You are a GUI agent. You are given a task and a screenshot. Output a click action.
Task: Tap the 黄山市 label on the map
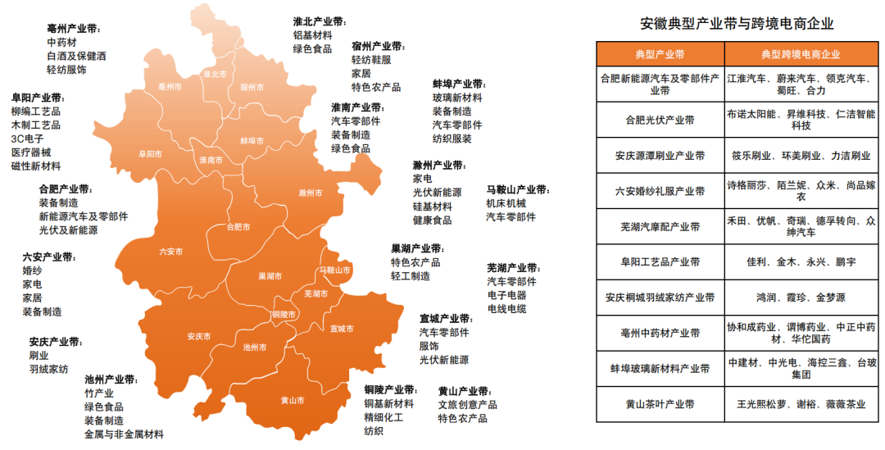[x=292, y=401]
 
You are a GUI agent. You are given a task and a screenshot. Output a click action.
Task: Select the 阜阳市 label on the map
[x=150, y=153]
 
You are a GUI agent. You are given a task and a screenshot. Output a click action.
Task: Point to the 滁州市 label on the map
[x=311, y=193]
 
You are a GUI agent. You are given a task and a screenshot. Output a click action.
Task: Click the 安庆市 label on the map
[x=198, y=337]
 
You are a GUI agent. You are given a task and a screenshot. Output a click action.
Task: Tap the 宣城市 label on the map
[x=342, y=329]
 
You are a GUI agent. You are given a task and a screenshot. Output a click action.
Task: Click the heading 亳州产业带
[x=75, y=28]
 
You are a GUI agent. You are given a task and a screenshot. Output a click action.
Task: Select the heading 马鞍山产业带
[x=517, y=189]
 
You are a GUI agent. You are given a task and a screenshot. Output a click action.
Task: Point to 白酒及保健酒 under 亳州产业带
[x=76, y=56]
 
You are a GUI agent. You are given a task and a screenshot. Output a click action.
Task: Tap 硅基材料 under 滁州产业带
[x=432, y=206]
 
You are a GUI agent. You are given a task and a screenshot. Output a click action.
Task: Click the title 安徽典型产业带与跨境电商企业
[x=741, y=24]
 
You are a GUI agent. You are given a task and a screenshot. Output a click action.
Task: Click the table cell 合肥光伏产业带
[x=660, y=120]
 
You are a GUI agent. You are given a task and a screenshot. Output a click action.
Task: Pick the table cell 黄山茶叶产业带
[x=660, y=404]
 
